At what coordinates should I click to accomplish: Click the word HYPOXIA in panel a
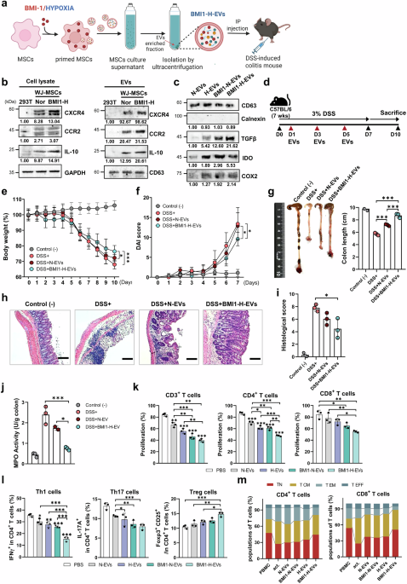coord(73,7)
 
